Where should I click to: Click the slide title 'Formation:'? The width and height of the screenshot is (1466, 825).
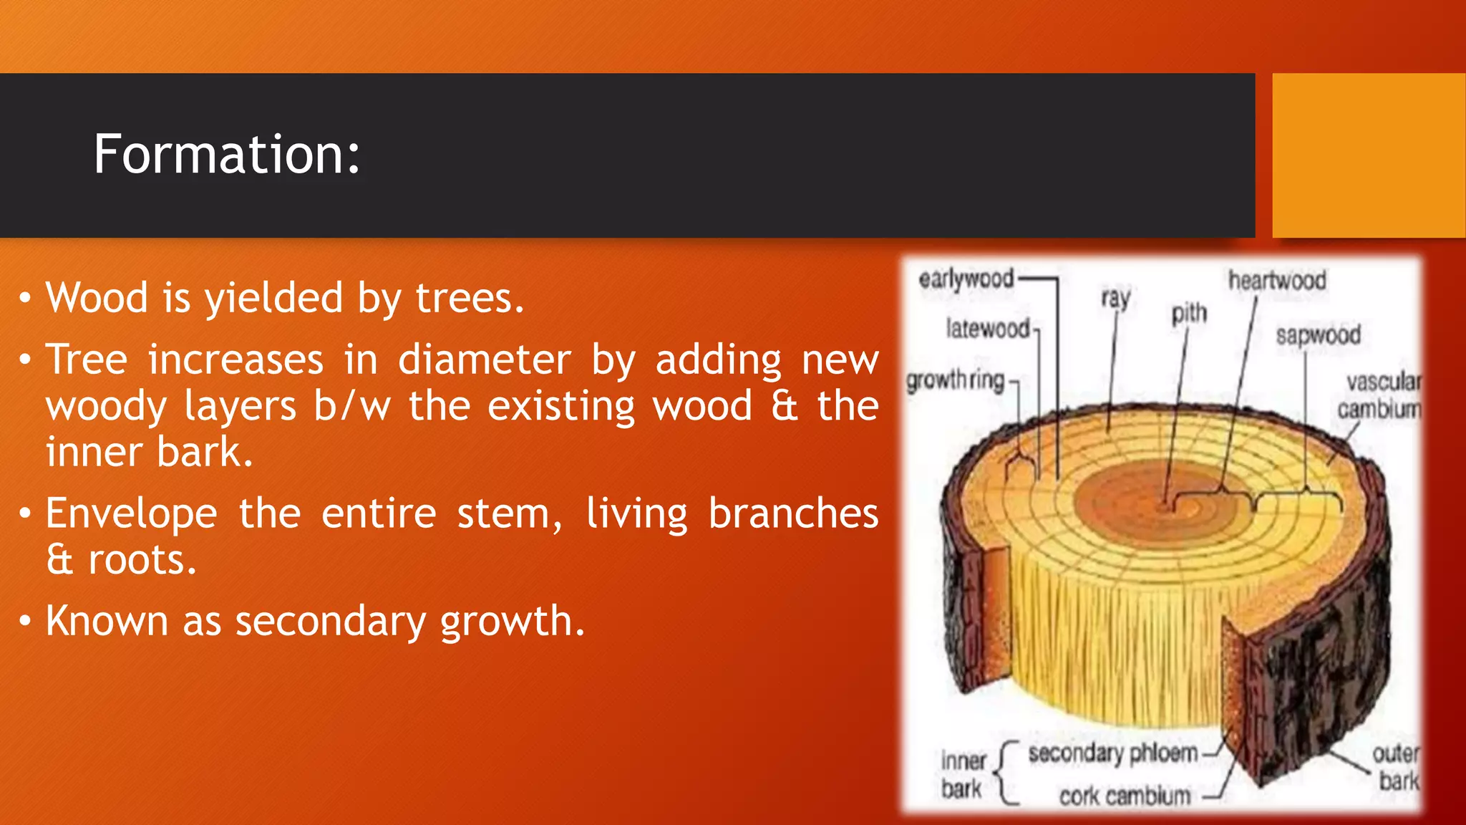click(x=227, y=154)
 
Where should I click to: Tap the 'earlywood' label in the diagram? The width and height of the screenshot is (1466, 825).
click(x=966, y=279)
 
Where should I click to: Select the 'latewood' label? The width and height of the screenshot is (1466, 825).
click(x=987, y=329)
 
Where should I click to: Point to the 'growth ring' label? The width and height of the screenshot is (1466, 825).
click(x=955, y=380)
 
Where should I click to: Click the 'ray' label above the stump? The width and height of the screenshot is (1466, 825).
click(x=1115, y=298)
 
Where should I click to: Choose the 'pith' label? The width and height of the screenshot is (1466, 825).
click(x=1188, y=314)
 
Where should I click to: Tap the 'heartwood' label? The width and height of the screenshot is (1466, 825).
click(x=1277, y=280)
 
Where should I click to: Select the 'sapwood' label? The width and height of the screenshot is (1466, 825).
click(x=1317, y=335)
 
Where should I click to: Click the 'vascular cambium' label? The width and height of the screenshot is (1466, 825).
click(x=1379, y=395)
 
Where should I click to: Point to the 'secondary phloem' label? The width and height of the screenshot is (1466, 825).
click(x=1112, y=753)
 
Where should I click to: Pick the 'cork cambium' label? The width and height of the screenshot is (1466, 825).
click(x=1125, y=796)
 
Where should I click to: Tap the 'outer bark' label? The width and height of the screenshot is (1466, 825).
click(x=1395, y=767)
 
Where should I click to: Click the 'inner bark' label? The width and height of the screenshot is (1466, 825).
click(x=963, y=774)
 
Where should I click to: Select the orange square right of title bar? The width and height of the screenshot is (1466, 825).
click(x=1368, y=155)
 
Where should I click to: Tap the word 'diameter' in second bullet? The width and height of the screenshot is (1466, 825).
click(x=485, y=360)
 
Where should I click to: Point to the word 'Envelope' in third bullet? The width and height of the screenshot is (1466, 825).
click(x=131, y=513)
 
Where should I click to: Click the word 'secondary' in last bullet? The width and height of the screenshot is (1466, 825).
click(x=331, y=621)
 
